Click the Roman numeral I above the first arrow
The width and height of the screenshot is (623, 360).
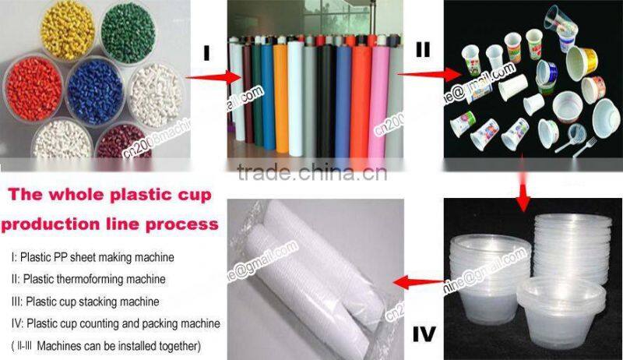click(x=206, y=53)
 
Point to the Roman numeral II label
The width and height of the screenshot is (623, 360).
click(x=423, y=49)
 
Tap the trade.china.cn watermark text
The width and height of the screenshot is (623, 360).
click(x=311, y=172)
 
